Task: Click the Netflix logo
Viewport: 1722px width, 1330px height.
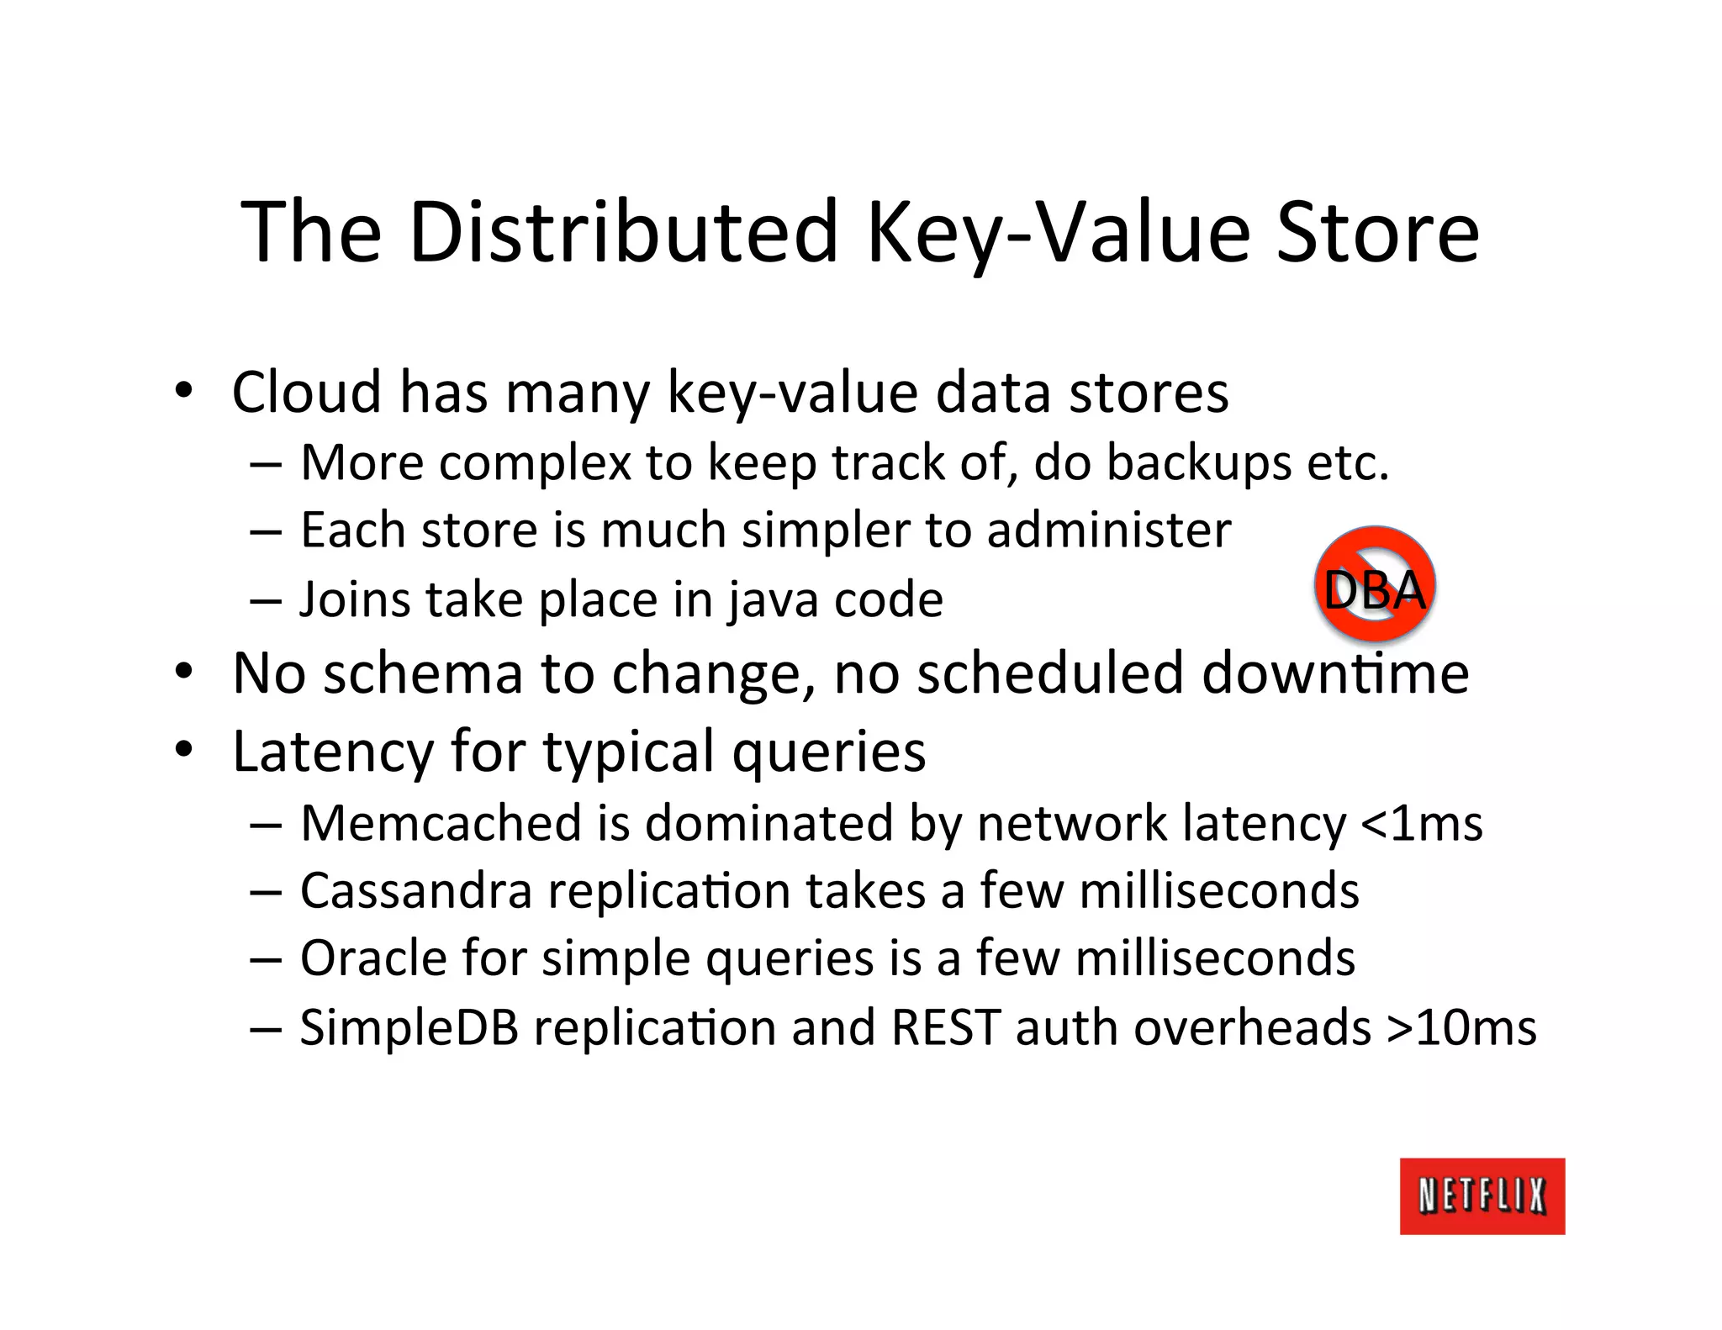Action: pos(1482,1195)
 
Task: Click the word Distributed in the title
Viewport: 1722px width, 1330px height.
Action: pos(624,231)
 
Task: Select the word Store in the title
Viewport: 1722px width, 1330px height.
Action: pos(1376,231)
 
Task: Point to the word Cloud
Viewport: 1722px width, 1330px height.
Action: pos(306,392)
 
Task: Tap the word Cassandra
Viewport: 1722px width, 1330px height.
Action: pos(415,890)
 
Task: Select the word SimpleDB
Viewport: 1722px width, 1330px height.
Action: pos(409,1027)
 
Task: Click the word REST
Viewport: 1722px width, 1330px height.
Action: pos(945,1027)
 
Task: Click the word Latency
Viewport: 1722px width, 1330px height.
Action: pos(332,751)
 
